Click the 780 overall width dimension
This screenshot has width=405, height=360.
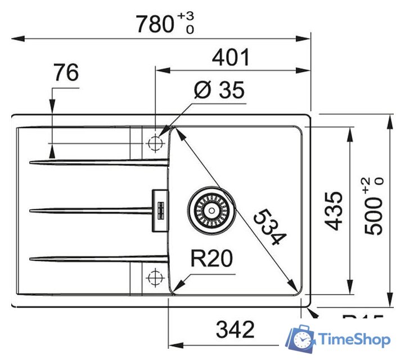[x=155, y=24]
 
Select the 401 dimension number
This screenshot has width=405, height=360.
[x=231, y=57]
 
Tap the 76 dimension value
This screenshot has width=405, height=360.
[x=66, y=73]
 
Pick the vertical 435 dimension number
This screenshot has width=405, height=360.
[x=334, y=210]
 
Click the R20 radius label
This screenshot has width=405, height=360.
[x=211, y=259]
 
